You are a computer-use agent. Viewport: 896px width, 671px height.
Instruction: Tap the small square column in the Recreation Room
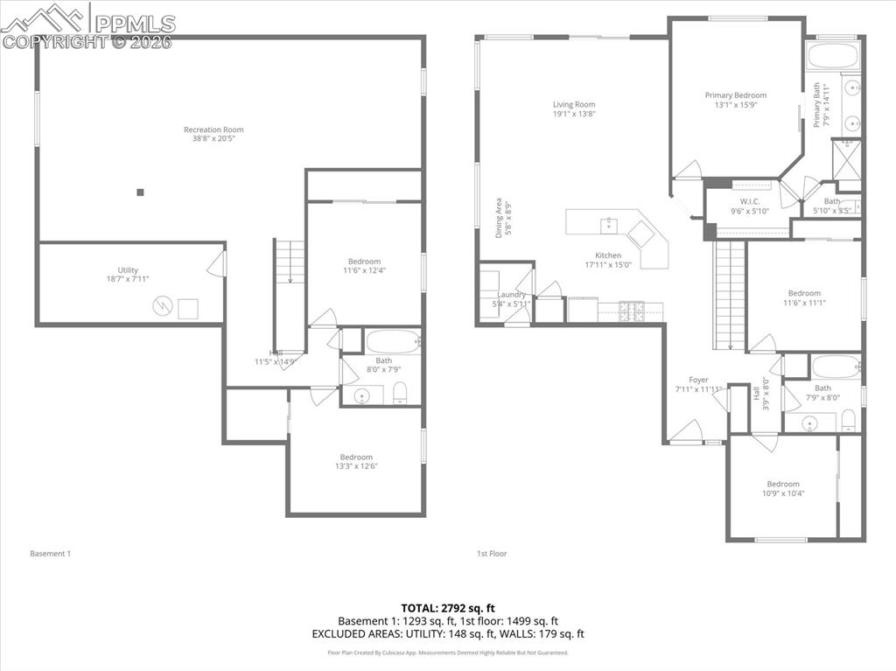(140, 192)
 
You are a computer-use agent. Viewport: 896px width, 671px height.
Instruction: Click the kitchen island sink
(607, 225)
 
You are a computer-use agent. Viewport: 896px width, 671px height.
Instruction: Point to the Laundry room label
(512, 295)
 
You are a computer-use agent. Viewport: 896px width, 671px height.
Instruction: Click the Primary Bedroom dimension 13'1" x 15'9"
(736, 104)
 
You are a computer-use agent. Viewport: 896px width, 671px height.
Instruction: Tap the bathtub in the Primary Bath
(834, 56)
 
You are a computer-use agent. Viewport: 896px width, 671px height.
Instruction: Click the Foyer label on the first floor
(698, 380)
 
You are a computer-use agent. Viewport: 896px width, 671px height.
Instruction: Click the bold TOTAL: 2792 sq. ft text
(448, 608)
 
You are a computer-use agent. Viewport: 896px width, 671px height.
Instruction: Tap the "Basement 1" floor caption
(50, 553)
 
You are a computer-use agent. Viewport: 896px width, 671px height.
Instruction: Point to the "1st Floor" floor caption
(492, 553)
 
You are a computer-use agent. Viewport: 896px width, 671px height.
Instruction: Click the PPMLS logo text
(136, 24)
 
